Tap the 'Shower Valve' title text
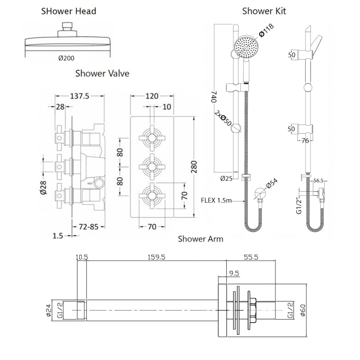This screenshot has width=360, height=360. click(x=103, y=73)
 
